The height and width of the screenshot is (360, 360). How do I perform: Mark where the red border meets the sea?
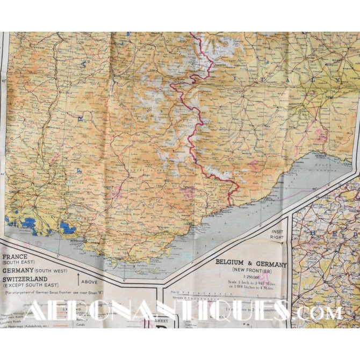(x=230, y=205)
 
